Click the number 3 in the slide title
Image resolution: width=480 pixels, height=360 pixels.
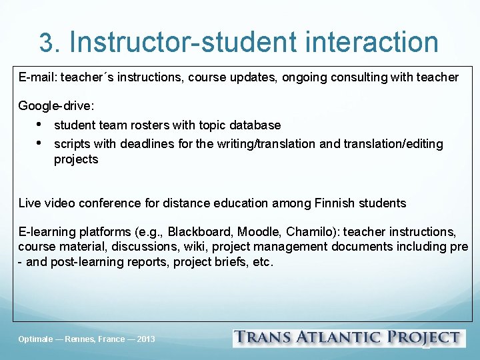coord(47,43)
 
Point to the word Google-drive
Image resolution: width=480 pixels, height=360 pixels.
coord(56,106)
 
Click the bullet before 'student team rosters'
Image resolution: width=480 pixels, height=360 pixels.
coord(39,125)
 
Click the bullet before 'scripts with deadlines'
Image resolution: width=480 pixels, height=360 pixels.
coord(39,143)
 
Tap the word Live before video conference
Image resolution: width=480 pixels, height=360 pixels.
coord(29,203)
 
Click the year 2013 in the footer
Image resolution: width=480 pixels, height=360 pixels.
coord(145,339)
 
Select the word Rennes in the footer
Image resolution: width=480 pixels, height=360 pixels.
coord(81,339)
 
